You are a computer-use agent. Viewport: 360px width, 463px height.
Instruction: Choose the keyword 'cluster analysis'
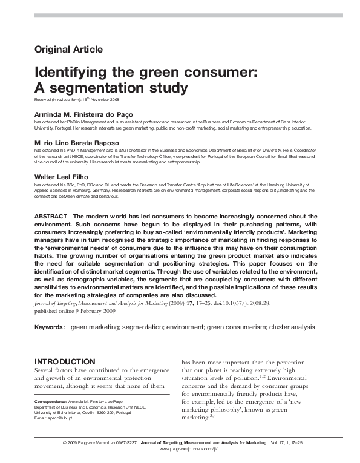click(293, 326)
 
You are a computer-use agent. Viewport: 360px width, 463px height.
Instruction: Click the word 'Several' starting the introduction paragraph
click(47, 366)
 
